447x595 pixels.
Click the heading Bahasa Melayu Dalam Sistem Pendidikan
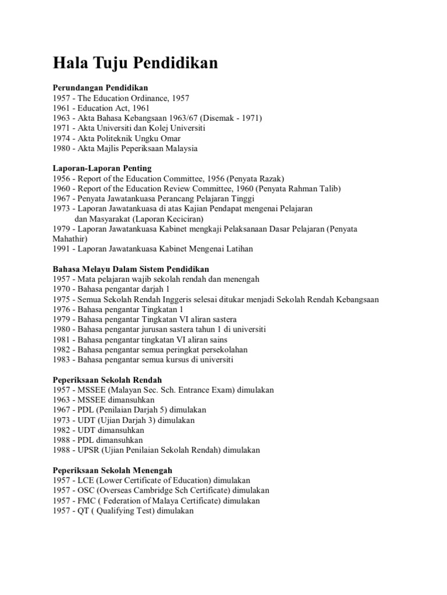[x=131, y=269]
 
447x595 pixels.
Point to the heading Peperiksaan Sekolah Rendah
[x=108, y=380]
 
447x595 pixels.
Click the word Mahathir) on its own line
[x=70, y=239]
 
